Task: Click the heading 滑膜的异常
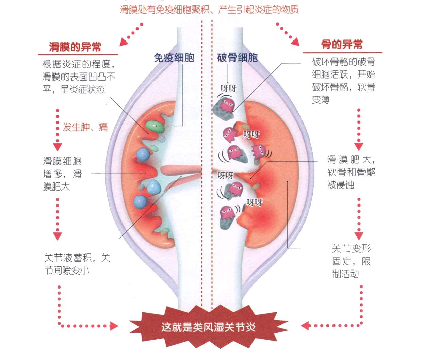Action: point(75,47)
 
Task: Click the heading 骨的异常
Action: point(342,45)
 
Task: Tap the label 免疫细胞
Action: point(174,58)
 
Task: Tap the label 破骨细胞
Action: point(237,58)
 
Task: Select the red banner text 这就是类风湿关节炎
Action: point(208,327)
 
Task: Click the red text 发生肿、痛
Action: point(85,127)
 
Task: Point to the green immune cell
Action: point(155,126)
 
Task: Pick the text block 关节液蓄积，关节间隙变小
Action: point(77,264)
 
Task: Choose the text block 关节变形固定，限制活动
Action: point(351,261)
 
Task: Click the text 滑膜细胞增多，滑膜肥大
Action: point(62,174)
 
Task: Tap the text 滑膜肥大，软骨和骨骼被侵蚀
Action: point(351,172)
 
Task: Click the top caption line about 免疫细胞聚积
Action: point(209,9)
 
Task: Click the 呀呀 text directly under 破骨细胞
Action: point(228,88)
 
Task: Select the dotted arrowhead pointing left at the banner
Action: point(305,326)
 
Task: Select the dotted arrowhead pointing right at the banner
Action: point(114,326)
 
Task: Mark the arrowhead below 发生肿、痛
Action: point(58,147)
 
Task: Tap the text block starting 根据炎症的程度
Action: point(79,77)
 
